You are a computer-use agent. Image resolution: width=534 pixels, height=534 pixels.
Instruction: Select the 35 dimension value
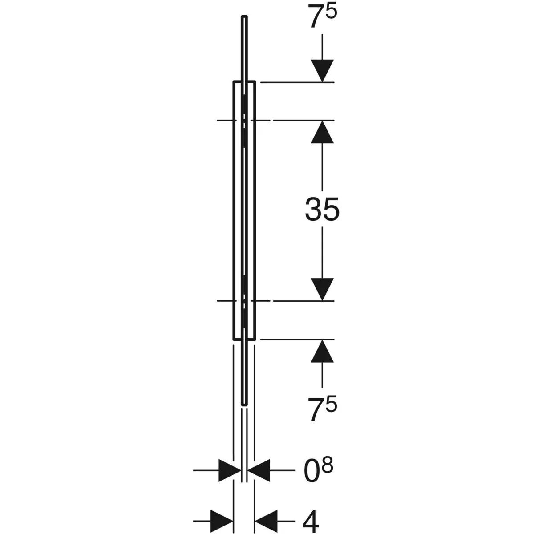(322, 209)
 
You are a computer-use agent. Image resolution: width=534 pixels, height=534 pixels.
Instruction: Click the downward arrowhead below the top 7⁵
(322, 71)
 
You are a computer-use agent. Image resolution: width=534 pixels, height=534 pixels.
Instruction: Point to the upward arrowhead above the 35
(322, 132)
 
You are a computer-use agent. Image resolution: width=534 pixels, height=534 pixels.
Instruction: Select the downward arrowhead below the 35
(322, 289)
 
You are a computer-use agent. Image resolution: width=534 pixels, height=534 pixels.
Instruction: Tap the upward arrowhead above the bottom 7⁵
(322, 351)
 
